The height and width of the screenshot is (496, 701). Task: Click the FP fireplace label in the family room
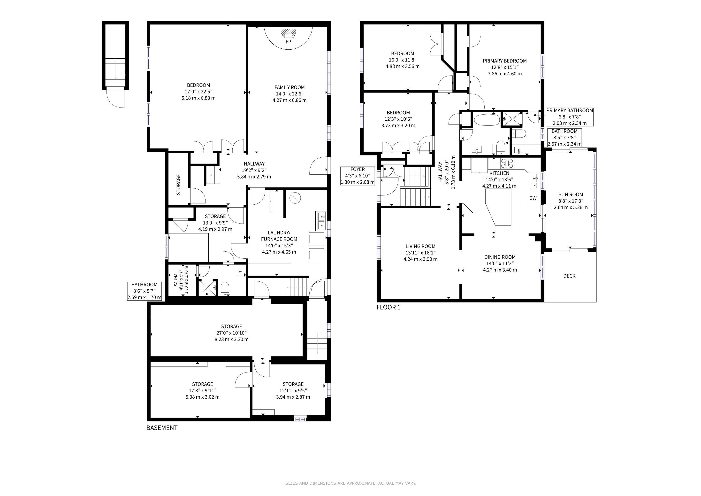[x=288, y=42]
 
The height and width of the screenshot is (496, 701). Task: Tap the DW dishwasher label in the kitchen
[x=533, y=198]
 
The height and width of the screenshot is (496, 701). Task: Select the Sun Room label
[x=571, y=194]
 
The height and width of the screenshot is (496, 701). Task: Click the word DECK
[x=569, y=276]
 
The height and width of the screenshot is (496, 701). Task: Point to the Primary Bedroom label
[x=505, y=61]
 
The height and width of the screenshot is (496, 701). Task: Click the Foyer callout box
[x=358, y=176]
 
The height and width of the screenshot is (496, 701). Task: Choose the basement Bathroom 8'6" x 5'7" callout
[x=145, y=291]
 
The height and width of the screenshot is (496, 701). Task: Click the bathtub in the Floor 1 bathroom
[x=487, y=120]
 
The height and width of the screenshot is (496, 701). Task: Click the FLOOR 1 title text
[x=388, y=307]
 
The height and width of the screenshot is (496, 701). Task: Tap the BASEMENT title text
[x=162, y=428]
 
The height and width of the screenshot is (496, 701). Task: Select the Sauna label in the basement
[x=176, y=279]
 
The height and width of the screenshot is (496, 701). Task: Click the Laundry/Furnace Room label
[x=279, y=236]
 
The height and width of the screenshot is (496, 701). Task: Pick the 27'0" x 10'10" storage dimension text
[x=231, y=333]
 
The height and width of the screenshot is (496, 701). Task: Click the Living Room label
[x=420, y=246]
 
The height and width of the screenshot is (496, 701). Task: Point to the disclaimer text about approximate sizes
[x=350, y=483]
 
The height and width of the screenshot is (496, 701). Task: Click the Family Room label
[x=290, y=87]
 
